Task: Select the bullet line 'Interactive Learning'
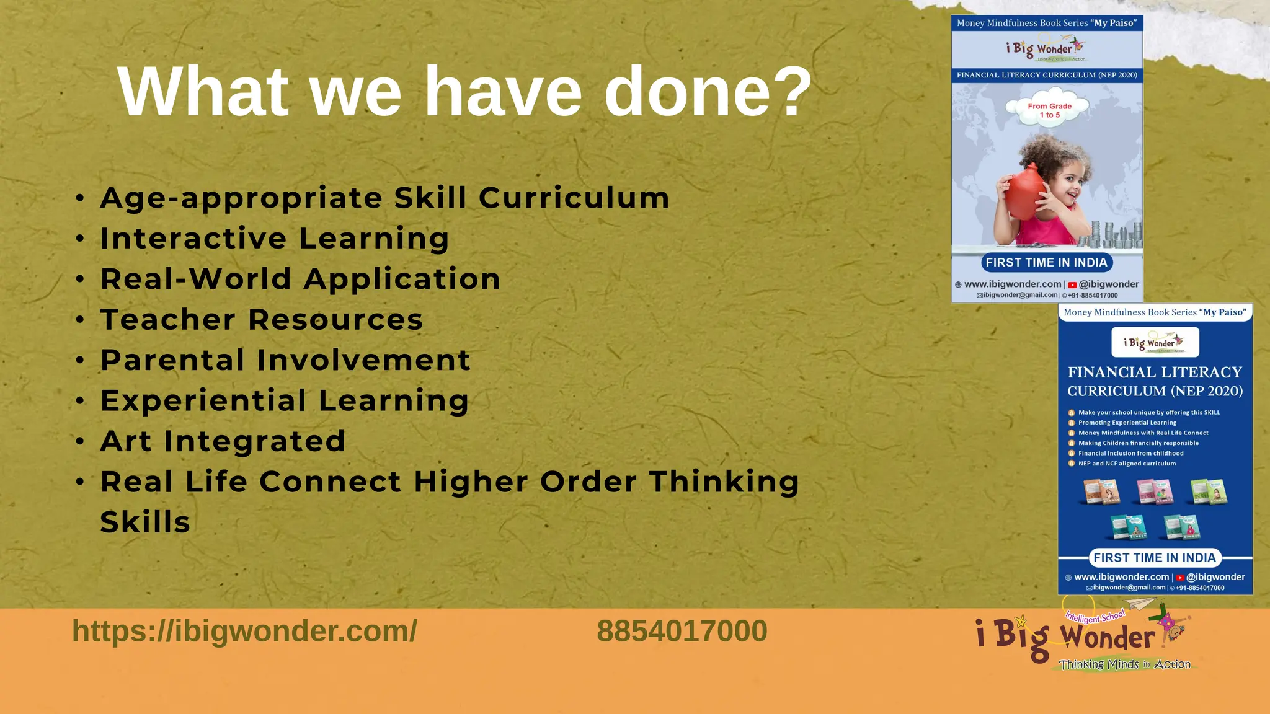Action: (275, 239)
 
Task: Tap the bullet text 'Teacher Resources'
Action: (262, 320)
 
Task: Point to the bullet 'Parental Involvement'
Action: (285, 360)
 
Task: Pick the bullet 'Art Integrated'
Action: (223, 441)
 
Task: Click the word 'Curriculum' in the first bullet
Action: (574, 198)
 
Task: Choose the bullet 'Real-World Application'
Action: (300, 279)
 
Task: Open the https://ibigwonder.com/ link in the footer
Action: (244, 631)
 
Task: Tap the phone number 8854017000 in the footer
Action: (682, 631)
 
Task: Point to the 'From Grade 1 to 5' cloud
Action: (1049, 110)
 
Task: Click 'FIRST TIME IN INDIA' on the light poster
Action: (1046, 262)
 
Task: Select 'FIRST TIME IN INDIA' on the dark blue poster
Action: (1154, 558)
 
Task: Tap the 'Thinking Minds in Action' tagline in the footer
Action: (1124, 664)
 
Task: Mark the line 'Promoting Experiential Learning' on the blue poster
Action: (1127, 423)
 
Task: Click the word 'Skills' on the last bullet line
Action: (145, 522)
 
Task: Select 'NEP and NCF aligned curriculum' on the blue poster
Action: (1127, 464)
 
